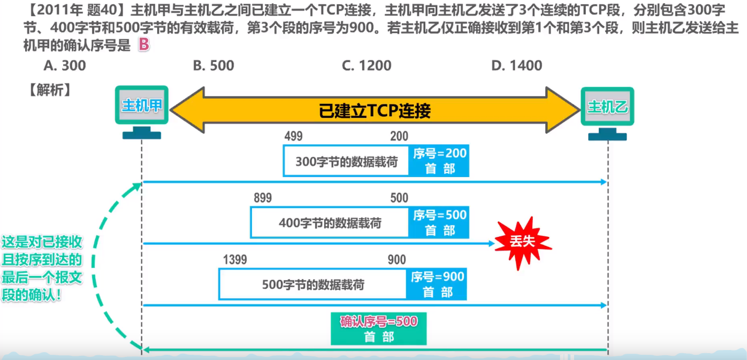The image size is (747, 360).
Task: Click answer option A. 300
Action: (65, 66)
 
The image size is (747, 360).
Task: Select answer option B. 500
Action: (213, 66)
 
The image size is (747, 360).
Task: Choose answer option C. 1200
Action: (366, 66)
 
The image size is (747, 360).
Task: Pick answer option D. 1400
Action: (517, 66)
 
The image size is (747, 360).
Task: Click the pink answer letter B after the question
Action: (144, 46)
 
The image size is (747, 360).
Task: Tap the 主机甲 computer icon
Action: (142, 112)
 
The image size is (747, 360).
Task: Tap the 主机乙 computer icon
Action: (608, 113)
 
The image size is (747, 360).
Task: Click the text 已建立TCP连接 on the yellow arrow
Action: (375, 111)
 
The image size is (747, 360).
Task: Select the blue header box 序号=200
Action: (440, 160)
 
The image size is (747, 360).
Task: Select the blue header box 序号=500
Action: (440, 222)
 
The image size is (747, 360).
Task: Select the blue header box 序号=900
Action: (437, 284)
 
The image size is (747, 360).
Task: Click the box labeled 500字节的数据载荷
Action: (313, 285)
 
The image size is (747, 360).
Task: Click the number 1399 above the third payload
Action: (235, 259)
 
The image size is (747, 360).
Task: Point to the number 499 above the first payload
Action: (293, 136)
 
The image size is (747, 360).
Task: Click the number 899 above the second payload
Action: (262, 198)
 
